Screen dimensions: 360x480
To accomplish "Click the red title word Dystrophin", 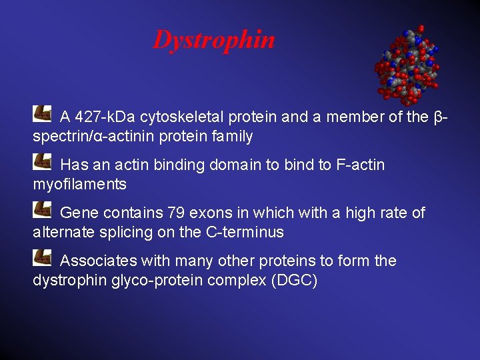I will (214, 40).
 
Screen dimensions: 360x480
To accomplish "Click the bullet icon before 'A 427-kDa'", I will (42, 113).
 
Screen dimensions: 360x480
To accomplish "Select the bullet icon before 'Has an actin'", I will (42, 160).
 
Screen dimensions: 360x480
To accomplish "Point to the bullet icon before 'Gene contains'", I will (42, 208).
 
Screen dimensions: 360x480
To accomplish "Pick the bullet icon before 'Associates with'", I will (42, 256).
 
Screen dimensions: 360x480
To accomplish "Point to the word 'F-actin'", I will (361, 165).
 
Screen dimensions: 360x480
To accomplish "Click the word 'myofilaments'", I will (79, 184).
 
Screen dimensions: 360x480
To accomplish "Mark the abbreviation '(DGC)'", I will (294, 280).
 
